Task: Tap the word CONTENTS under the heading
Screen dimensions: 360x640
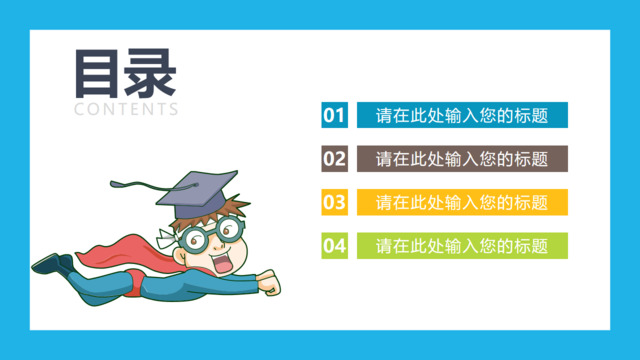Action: [x=126, y=109]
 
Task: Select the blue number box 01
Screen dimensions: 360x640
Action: [x=334, y=115]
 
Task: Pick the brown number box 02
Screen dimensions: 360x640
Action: [x=334, y=158]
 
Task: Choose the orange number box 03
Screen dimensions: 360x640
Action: [x=334, y=202]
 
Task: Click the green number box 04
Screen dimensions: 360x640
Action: [x=334, y=245]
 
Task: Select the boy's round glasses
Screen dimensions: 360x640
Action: [x=215, y=236]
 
